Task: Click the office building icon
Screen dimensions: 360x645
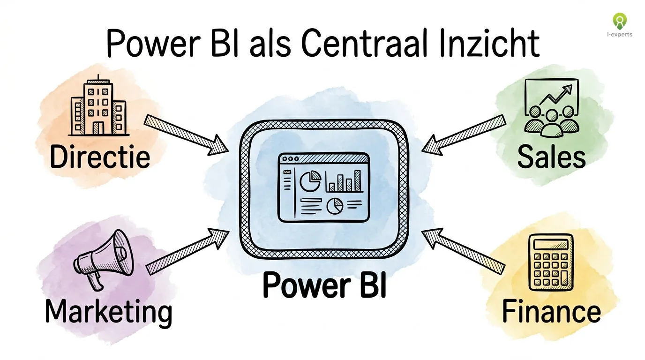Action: click(98, 108)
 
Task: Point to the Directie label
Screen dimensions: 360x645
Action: click(100, 157)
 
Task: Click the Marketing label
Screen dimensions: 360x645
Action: click(108, 311)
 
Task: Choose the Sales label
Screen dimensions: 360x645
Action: click(551, 157)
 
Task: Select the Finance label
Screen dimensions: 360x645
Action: click(551, 311)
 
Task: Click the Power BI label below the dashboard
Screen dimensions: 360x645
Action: click(324, 285)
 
